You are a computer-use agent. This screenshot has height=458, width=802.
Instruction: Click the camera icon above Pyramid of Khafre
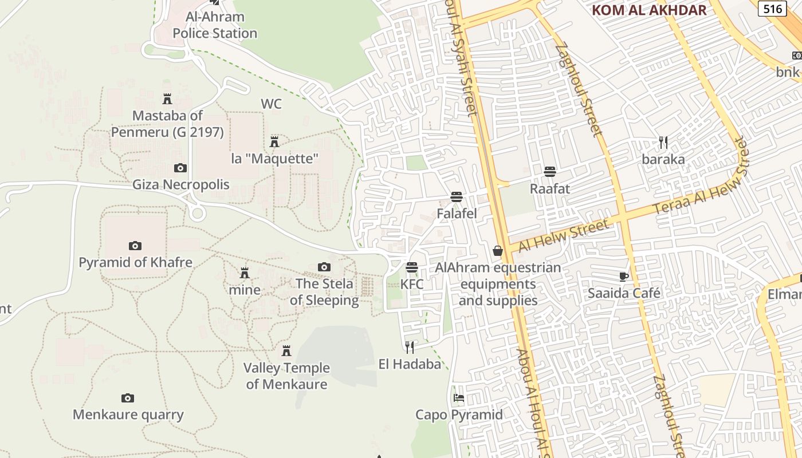(135, 246)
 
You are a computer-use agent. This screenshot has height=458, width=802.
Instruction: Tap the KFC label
(412, 284)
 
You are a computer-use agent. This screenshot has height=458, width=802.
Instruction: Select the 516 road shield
(773, 9)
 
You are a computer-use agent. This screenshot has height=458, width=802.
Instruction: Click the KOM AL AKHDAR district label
(648, 10)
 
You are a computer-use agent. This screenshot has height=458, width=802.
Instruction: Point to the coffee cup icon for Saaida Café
(624, 277)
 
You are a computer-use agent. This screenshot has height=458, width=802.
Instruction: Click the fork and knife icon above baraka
(663, 142)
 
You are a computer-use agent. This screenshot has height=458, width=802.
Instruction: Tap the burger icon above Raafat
(550, 171)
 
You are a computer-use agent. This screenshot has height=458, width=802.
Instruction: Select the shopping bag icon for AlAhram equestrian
(498, 251)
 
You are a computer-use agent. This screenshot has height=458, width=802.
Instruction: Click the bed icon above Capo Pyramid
(459, 397)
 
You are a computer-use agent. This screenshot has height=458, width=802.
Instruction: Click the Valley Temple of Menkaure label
(286, 376)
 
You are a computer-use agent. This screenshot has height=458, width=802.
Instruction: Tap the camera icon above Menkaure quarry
(128, 398)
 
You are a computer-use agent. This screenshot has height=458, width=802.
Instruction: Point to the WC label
(271, 104)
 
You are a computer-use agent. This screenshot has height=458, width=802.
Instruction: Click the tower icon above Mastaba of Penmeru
(167, 98)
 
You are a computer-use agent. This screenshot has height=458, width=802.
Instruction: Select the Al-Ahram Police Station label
(215, 25)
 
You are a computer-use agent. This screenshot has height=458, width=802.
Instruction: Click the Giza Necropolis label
(180, 184)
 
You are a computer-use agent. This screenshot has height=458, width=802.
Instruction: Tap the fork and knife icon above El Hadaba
(410, 347)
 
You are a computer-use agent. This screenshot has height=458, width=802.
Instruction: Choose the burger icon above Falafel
(457, 197)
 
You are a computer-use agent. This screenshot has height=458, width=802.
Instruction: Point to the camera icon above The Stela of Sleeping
(324, 267)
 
